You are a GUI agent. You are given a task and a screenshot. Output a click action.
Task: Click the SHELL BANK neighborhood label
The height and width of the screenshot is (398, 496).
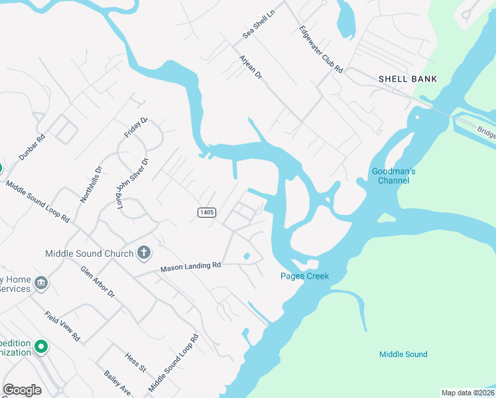408,79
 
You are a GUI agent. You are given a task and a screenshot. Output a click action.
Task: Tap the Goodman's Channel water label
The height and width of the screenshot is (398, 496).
393,176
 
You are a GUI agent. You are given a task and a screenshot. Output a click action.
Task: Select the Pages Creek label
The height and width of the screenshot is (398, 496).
304,276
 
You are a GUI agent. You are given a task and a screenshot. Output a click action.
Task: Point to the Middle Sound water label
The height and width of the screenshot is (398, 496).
403,354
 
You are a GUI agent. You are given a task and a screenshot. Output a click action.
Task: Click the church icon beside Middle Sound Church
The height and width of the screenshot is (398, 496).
143,253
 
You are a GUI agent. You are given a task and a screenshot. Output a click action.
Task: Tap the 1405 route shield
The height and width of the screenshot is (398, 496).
207,212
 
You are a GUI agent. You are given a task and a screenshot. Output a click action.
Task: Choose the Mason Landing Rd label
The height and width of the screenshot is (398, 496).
190,267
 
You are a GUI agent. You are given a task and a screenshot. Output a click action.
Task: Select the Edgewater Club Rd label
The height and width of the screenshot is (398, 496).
321,50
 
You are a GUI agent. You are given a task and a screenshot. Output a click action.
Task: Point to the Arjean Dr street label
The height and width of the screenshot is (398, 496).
251,68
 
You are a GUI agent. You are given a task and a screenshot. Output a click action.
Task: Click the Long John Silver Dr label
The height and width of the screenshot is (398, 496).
132,182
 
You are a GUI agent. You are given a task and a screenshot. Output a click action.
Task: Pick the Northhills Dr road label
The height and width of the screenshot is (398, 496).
91,183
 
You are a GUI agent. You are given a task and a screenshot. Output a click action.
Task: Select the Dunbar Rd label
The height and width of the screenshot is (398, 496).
31,148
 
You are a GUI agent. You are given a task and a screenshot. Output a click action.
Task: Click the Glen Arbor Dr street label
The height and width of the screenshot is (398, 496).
97,281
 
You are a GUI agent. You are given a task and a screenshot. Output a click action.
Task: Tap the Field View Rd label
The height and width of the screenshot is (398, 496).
62,326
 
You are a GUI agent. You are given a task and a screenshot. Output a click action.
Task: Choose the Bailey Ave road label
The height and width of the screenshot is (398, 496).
117,383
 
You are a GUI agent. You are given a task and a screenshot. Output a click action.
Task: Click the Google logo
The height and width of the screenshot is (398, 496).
22,390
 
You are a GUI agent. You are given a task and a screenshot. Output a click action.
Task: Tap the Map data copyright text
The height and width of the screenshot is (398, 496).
467,393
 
